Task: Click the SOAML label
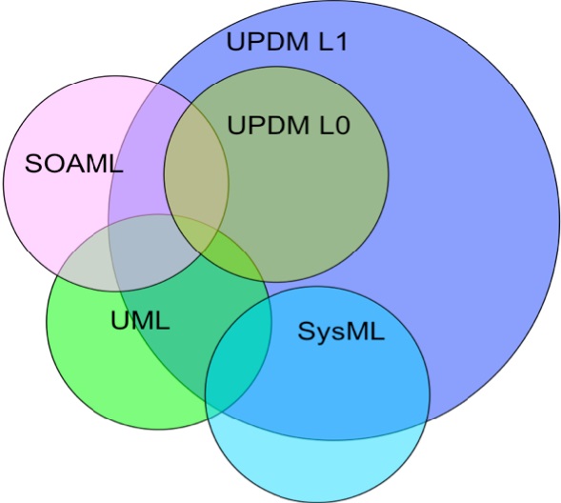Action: coord(74,164)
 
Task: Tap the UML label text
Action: coord(140,320)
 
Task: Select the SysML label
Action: coord(341,332)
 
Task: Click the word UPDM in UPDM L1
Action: coord(268,42)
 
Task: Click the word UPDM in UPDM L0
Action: coord(269,125)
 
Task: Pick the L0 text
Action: coord(334,125)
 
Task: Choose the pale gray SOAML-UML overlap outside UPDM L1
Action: coord(86,272)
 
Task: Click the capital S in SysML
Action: coord(306,331)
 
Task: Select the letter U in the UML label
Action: coord(119,320)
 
